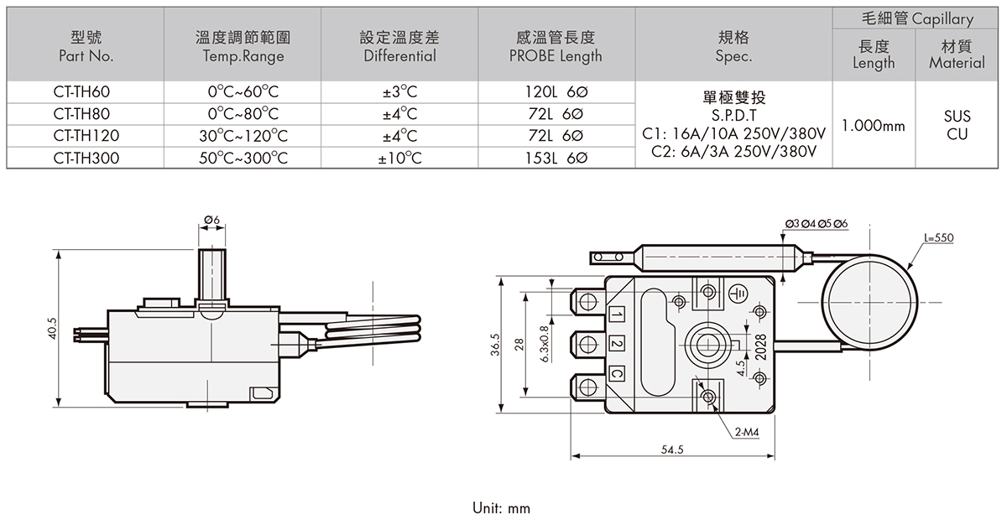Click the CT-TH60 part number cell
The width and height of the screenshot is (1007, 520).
point(86,91)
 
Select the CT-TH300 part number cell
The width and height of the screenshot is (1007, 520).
point(86,157)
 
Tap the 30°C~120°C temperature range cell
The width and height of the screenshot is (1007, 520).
point(243,135)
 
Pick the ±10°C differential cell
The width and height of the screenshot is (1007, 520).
point(399,157)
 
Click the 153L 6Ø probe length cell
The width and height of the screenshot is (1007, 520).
point(555,157)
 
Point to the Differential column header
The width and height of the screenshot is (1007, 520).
point(399,47)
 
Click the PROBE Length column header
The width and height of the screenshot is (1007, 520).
point(555,47)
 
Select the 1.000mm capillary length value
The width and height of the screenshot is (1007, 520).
point(874,126)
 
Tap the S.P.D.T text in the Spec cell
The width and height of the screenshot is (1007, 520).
point(734,116)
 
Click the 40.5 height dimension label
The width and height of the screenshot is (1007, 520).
point(53,328)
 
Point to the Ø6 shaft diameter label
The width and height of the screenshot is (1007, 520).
point(211,220)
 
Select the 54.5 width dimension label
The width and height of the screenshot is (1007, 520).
point(672,450)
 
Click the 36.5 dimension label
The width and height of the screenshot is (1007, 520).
point(495,345)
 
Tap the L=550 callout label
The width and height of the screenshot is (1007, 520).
point(938,238)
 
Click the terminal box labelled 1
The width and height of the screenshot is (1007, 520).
point(617,315)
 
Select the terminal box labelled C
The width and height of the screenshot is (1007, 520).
point(617,374)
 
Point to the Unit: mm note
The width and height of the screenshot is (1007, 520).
point(502,508)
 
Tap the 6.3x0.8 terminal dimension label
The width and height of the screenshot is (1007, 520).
point(544,344)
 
